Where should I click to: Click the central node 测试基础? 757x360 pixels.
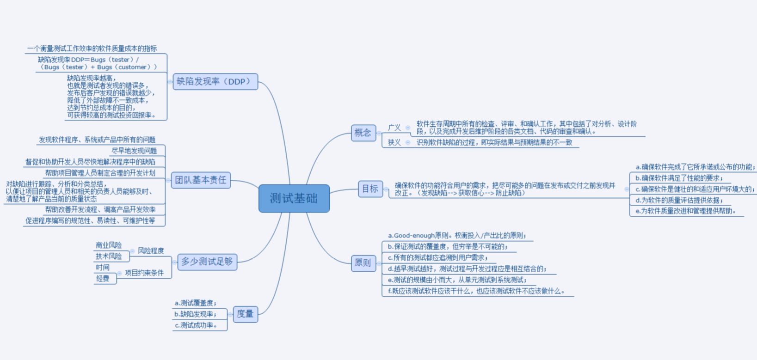pyautogui.click(x=294, y=198)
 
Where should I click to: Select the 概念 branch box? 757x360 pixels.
pyautogui.click(x=363, y=133)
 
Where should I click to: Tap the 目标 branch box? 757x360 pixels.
pyautogui.click(x=370, y=189)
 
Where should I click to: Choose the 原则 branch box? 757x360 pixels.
pyautogui.click(x=363, y=263)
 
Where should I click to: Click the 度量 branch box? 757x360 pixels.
pyautogui.click(x=245, y=314)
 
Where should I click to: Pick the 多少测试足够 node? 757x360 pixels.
pyautogui.click(x=207, y=262)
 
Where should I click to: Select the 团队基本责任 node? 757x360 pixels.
pyautogui.click(x=201, y=180)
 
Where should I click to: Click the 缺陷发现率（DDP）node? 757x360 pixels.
pyautogui.click(x=215, y=82)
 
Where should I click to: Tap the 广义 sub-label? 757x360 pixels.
pyautogui.click(x=394, y=128)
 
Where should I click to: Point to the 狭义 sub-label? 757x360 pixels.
pyautogui.click(x=394, y=142)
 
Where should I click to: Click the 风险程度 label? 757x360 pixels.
pyautogui.click(x=151, y=250)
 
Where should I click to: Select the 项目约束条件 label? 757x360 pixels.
pyautogui.click(x=144, y=273)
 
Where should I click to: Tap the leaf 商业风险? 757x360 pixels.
pyautogui.click(x=109, y=245)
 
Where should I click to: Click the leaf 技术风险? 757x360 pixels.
pyautogui.click(x=109, y=256)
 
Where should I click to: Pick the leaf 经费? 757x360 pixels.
pyautogui.click(x=103, y=278)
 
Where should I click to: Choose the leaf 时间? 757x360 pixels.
pyautogui.click(x=103, y=267)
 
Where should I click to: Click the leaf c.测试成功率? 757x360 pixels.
pyautogui.click(x=196, y=325)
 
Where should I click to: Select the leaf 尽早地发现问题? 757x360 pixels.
pyautogui.click(x=134, y=151)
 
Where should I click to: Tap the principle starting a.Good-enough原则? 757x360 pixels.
pyautogui.click(x=457, y=236)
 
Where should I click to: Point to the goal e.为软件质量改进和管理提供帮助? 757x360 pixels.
pyautogui.click(x=685, y=211)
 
